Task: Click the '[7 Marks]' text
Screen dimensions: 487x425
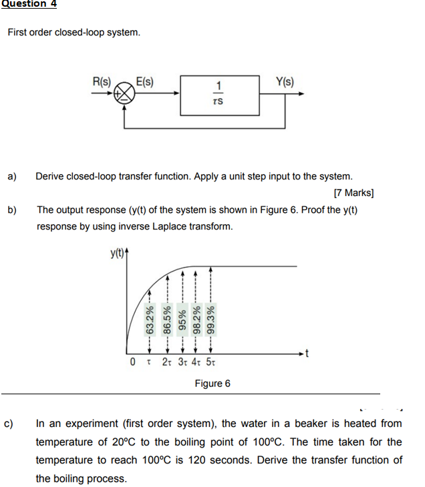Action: [353, 193]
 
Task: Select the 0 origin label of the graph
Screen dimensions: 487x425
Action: [134, 363]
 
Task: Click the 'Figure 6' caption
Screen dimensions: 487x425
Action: [212, 384]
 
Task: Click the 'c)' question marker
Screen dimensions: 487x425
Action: [11, 423]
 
